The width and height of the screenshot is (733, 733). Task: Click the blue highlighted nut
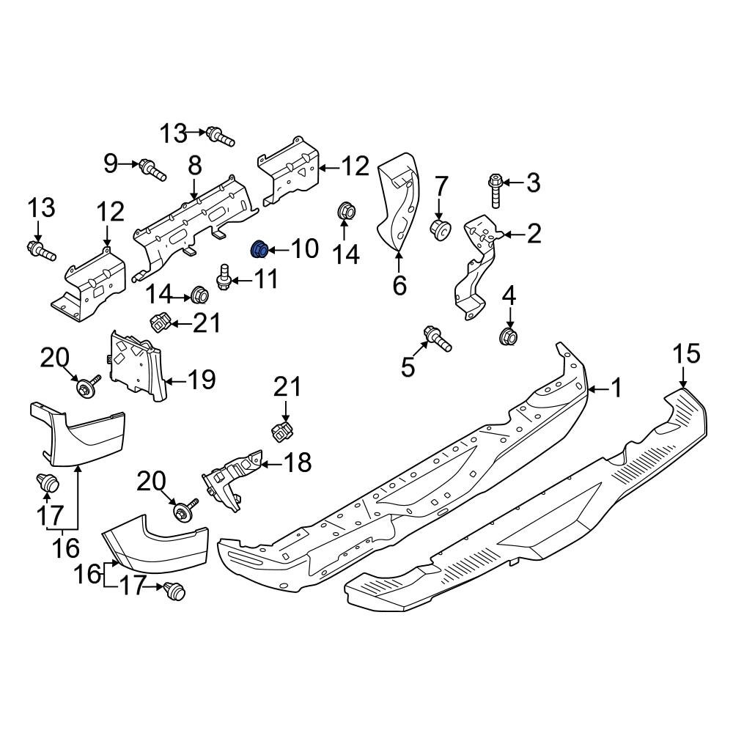[259, 250]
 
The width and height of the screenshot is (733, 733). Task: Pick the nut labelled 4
[507, 336]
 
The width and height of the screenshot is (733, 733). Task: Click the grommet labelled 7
[440, 229]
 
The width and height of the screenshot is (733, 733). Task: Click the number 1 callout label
[616, 388]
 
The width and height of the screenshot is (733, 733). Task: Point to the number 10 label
[304, 248]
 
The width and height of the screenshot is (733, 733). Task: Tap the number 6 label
[399, 284]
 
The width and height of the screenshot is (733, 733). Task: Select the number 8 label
[194, 166]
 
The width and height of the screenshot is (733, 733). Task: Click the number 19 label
[202, 379]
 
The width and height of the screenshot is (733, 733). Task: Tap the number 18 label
[297, 463]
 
